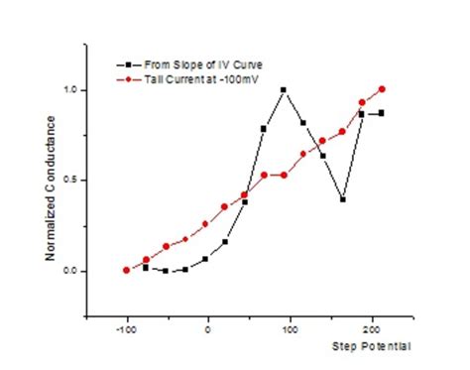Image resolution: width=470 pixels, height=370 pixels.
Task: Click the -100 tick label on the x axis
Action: (x=126, y=330)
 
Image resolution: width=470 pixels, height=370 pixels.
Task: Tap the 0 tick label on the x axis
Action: (x=207, y=330)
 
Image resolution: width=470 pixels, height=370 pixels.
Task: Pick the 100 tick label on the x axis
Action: (x=289, y=330)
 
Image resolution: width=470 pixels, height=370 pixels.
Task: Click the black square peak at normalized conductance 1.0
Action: (x=284, y=90)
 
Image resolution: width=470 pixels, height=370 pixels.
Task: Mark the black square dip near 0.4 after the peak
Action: (x=342, y=199)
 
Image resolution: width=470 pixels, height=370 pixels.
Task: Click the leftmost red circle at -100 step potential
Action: (x=127, y=270)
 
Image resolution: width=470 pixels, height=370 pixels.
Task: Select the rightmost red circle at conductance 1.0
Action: (x=382, y=89)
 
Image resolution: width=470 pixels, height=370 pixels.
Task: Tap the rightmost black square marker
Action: (x=382, y=113)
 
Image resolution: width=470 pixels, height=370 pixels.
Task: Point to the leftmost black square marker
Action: (x=146, y=267)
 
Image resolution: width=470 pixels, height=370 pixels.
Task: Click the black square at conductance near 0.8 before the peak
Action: (x=264, y=129)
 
